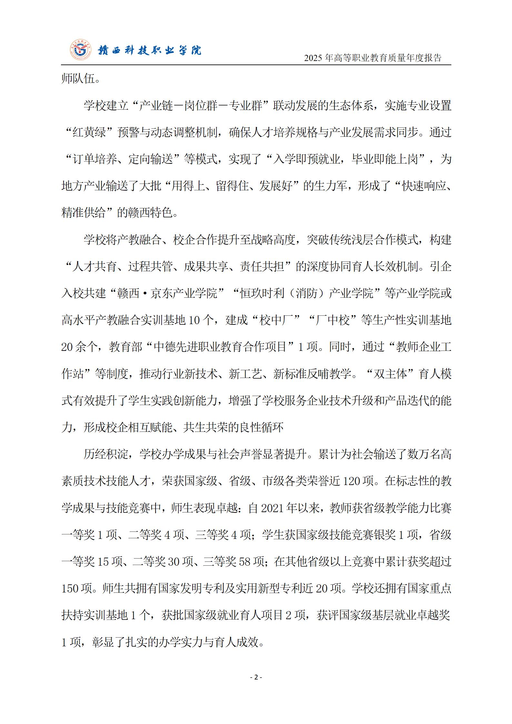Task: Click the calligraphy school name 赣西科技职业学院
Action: point(149,50)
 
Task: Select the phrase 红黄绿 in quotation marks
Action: point(89,133)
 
